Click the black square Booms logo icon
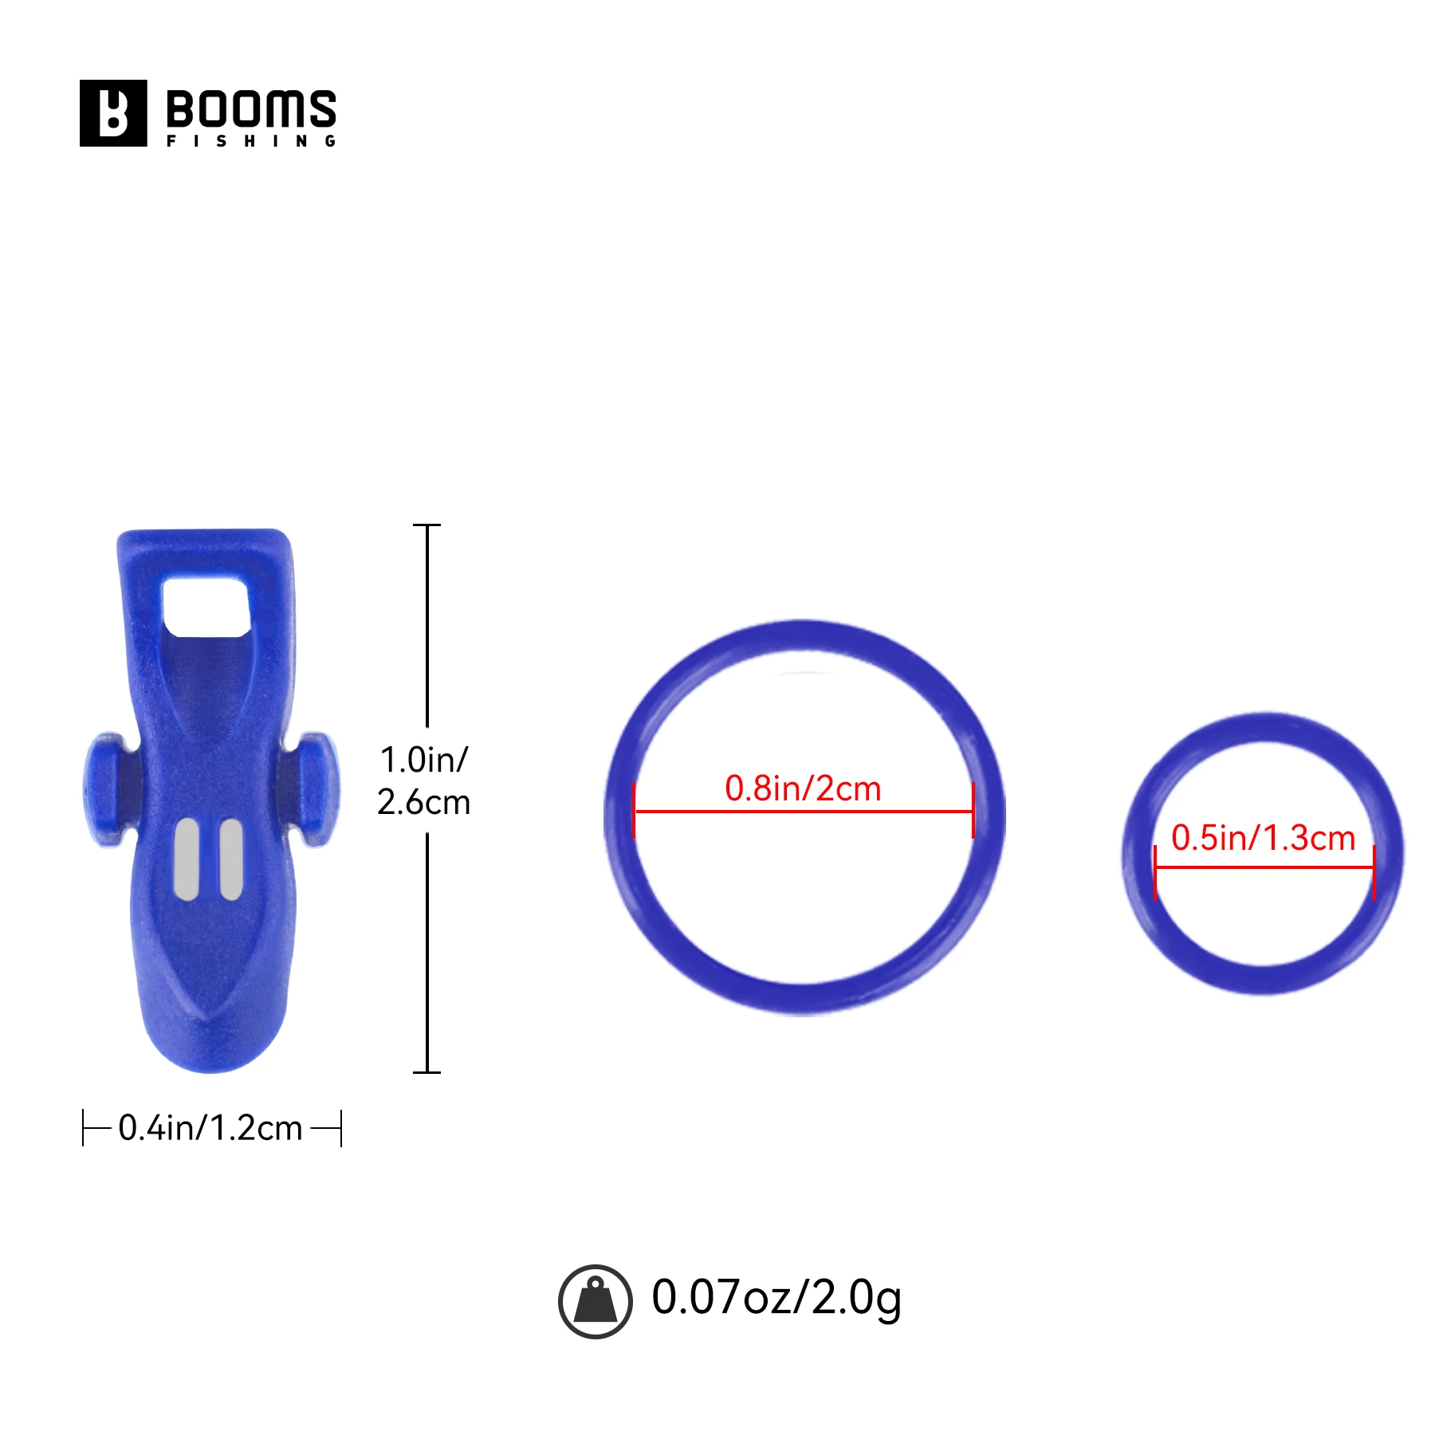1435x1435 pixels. click(x=113, y=113)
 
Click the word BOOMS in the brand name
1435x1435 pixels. click(x=251, y=109)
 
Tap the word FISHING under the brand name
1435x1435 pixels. click(x=251, y=141)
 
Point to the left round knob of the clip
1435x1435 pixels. click(x=104, y=790)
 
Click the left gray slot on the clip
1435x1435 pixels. click(x=187, y=859)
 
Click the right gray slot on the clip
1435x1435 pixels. click(x=231, y=859)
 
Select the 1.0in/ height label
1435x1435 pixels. click(x=424, y=760)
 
